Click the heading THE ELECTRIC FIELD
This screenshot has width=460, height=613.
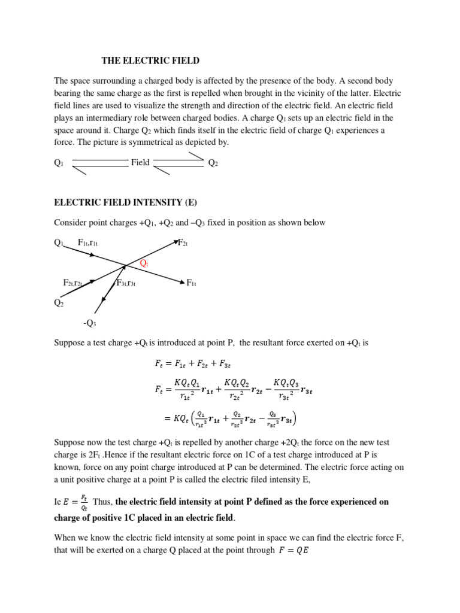coord(149,60)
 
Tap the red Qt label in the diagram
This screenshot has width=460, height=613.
coord(144,263)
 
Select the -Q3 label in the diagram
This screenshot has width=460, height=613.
coord(89,323)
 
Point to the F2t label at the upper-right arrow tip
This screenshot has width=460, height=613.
coord(184,242)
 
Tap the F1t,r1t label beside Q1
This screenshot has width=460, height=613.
coord(88,242)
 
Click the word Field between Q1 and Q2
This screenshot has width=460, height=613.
coord(140,162)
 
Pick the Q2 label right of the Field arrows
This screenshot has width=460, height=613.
coord(213,162)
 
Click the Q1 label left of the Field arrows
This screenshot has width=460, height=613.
coord(59,162)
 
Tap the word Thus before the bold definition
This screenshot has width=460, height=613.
coord(102,502)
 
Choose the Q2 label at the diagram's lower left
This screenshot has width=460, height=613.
coord(59,303)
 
